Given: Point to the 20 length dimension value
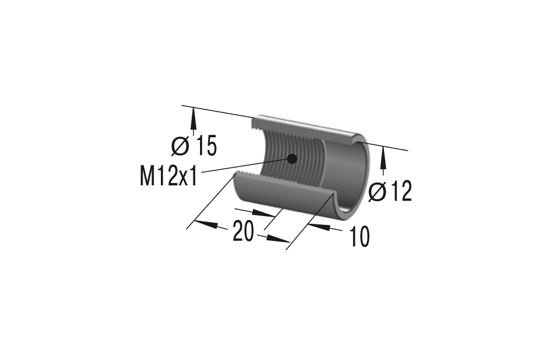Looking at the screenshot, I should click(x=243, y=231).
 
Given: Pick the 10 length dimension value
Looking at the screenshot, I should click(x=359, y=237).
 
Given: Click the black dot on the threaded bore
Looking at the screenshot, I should click(x=292, y=159).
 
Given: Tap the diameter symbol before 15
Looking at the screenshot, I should click(x=180, y=146).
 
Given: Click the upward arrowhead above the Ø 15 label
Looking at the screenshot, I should click(x=193, y=115).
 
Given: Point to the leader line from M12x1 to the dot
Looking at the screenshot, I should click(x=242, y=166).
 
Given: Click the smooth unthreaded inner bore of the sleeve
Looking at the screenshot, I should click(x=346, y=171).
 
